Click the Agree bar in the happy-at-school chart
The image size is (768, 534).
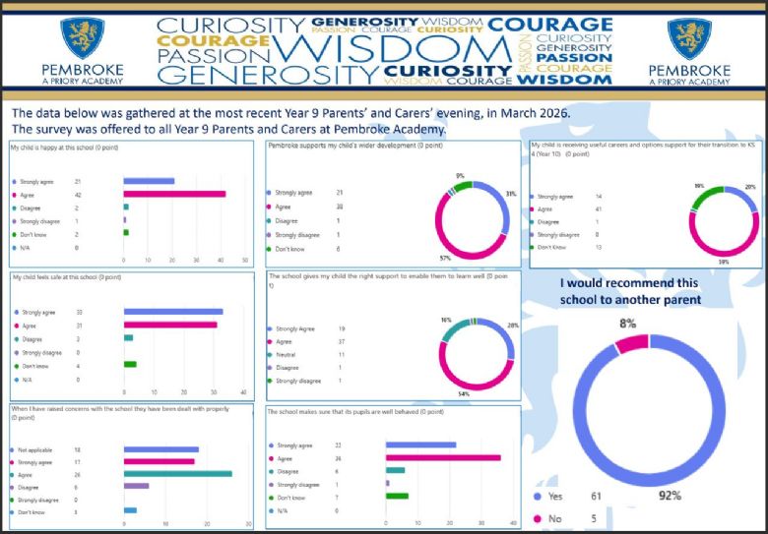[x=174, y=194]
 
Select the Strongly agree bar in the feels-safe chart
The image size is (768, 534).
[x=172, y=312]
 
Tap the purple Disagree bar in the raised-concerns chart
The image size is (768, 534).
[x=136, y=485]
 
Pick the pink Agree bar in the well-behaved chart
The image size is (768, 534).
[x=442, y=457]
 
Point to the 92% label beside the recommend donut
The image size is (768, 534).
[x=671, y=496]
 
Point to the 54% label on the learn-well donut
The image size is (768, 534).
[x=463, y=393]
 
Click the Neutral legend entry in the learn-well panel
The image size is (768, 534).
[x=286, y=354]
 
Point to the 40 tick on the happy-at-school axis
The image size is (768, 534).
[x=221, y=260]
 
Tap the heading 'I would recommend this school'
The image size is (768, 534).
[x=630, y=290]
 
